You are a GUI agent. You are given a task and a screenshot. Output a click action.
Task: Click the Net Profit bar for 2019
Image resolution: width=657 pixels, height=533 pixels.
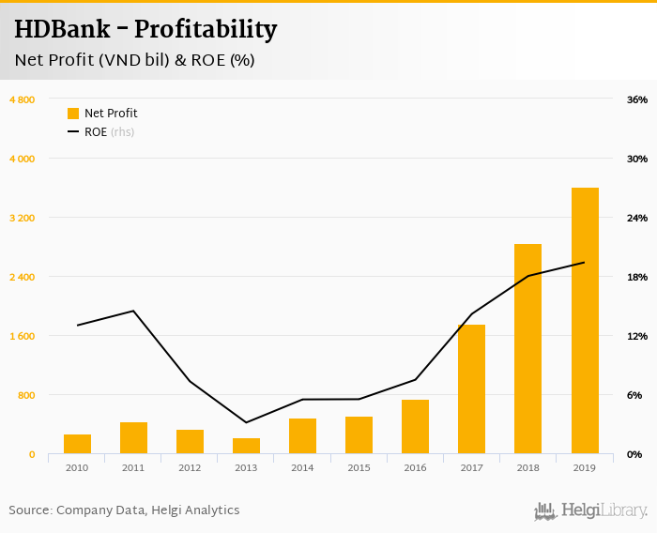click(x=585, y=321)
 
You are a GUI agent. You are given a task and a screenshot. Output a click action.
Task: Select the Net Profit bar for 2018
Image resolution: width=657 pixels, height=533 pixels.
click(x=528, y=349)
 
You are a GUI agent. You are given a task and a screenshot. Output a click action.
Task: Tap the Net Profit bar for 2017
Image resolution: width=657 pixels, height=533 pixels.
click(x=472, y=389)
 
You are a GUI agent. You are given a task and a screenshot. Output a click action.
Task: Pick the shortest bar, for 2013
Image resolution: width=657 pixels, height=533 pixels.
click(x=247, y=446)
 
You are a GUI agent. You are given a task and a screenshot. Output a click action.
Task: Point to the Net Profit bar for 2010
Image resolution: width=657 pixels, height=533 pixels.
click(x=78, y=444)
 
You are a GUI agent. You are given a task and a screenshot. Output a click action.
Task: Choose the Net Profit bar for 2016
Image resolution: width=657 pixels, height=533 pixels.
click(x=416, y=427)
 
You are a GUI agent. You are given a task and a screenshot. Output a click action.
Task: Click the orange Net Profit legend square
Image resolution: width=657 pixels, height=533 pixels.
click(x=73, y=114)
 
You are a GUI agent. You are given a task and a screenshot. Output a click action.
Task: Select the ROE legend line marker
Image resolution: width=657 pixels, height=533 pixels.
click(x=73, y=132)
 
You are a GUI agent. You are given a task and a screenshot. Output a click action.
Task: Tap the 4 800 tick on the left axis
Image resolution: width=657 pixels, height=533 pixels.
click(x=22, y=99)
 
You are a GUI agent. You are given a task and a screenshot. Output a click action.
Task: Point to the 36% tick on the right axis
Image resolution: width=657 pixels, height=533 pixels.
click(x=637, y=99)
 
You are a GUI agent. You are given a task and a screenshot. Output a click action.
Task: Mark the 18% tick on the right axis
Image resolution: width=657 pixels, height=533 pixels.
click(x=637, y=277)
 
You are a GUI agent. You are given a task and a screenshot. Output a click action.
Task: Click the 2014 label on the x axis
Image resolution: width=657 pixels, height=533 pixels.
click(x=302, y=467)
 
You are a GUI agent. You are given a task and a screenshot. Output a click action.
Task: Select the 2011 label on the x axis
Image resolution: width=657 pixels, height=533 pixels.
click(x=133, y=467)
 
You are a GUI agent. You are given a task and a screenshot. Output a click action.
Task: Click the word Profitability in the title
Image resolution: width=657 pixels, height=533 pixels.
click(x=206, y=29)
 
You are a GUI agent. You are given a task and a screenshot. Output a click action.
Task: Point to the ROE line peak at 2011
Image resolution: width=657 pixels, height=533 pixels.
click(x=133, y=311)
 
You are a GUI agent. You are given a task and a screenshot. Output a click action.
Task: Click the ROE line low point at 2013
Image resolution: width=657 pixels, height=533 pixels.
click(x=246, y=422)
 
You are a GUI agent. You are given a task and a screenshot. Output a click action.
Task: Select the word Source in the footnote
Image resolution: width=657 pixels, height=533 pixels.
click(x=29, y=510)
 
